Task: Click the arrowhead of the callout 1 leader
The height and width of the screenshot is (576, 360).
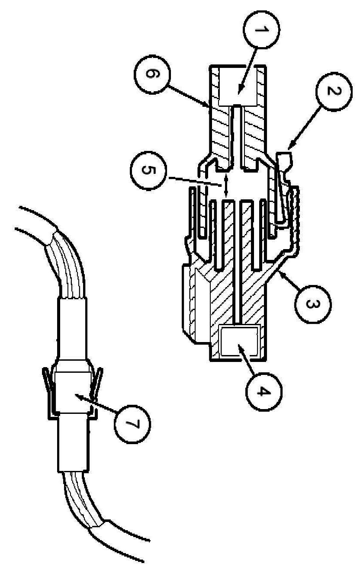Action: coord(239,92)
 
